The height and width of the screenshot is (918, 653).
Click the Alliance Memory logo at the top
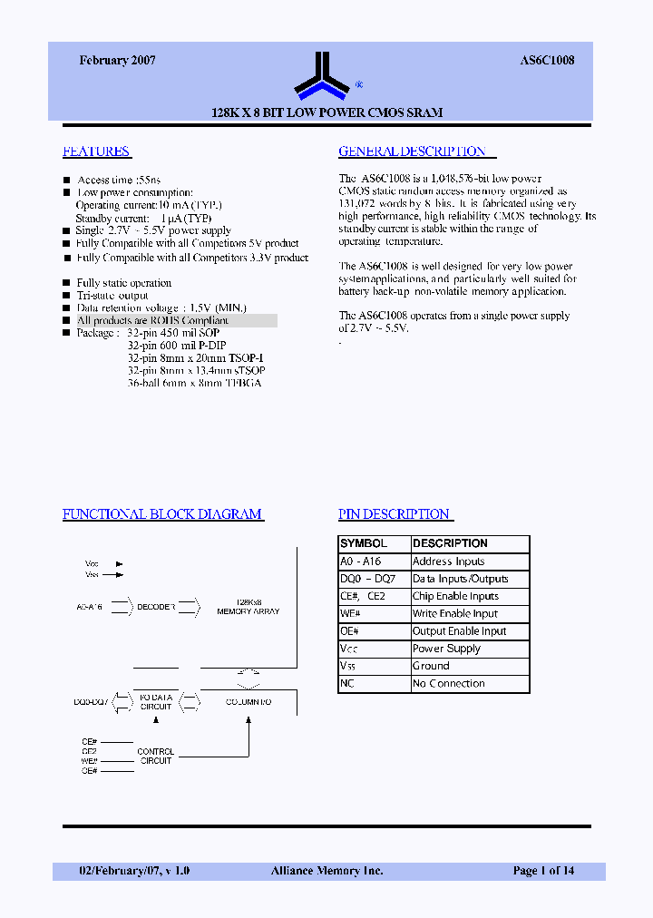pos(322,75)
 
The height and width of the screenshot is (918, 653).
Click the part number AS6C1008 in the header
pos(547,60)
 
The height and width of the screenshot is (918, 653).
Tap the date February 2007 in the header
pos(117,60)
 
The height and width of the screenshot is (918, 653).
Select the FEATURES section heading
pos(96,151)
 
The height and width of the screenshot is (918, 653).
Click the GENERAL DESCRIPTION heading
pos(413,151)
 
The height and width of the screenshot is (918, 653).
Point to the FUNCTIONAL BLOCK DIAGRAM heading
pos(162,514)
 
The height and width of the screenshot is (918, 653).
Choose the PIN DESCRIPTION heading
pos(395,514)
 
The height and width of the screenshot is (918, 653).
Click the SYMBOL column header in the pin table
pos(364,543)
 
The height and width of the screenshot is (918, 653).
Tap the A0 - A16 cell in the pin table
pos(361,562)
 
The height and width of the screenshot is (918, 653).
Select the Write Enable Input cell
pos(455,614)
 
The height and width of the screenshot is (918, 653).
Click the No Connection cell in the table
pos(449,684)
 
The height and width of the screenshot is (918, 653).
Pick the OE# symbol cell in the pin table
pos(350,631)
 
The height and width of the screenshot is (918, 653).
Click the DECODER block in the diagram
pos(156,606)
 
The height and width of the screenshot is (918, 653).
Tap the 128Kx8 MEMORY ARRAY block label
pos(249,607)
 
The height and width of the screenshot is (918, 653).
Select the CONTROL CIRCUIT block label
pos(156,757)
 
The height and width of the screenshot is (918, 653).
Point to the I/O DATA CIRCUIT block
pos(156,701)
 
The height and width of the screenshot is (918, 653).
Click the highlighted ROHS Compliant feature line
pos(152,321)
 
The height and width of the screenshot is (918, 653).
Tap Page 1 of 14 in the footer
pos(543,871)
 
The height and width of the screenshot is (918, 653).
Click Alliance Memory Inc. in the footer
pos(326,871)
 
